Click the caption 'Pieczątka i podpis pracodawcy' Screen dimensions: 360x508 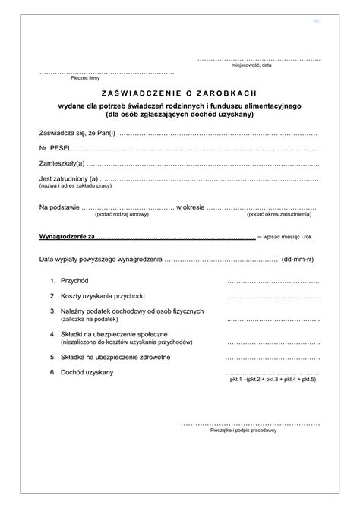click(x=243, y=430)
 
